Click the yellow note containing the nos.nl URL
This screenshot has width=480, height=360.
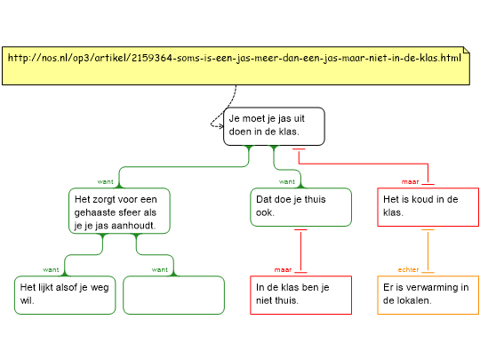click(236, 66)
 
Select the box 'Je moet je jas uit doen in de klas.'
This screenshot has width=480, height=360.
click(274, 126)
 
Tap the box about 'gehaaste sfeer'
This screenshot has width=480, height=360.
click(119, 211)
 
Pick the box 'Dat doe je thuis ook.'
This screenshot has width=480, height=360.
click(301, 207)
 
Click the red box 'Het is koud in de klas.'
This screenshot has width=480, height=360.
click(428, 207)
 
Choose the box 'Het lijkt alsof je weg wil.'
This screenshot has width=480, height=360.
click(65, 295)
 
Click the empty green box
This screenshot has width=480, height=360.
click(174, 295)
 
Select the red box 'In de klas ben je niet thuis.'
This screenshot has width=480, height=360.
click(301, 295)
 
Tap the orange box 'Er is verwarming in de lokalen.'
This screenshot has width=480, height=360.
click(428, 295)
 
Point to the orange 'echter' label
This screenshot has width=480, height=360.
click(408, 269)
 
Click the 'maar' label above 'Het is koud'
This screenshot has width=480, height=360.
click(410, 182)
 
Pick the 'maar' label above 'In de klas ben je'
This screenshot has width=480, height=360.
click(284, 269)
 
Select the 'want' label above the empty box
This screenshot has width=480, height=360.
click(160, 269)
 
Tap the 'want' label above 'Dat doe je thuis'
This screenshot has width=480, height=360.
click(287, 182)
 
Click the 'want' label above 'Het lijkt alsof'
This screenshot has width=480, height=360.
click(51, 269)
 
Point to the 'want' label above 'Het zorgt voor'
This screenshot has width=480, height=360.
click(105, 182)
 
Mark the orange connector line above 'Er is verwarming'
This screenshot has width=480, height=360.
click(428, 251)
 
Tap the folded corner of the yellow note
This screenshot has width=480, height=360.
click(467, 50)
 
